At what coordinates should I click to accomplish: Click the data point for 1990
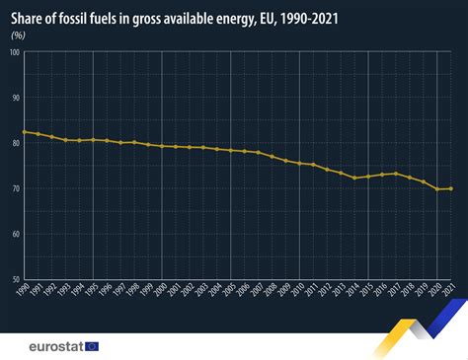coord(24,131)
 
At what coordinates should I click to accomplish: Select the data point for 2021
coord(452,188)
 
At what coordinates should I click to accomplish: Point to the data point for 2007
coord(259,153)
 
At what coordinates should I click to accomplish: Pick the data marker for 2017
coord(397,174)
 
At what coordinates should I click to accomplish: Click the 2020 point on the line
coord(438,188)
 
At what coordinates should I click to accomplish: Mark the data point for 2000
coord(162,146)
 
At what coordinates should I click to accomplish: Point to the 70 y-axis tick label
coord(17,188)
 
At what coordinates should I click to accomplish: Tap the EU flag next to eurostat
coord(93,345)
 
